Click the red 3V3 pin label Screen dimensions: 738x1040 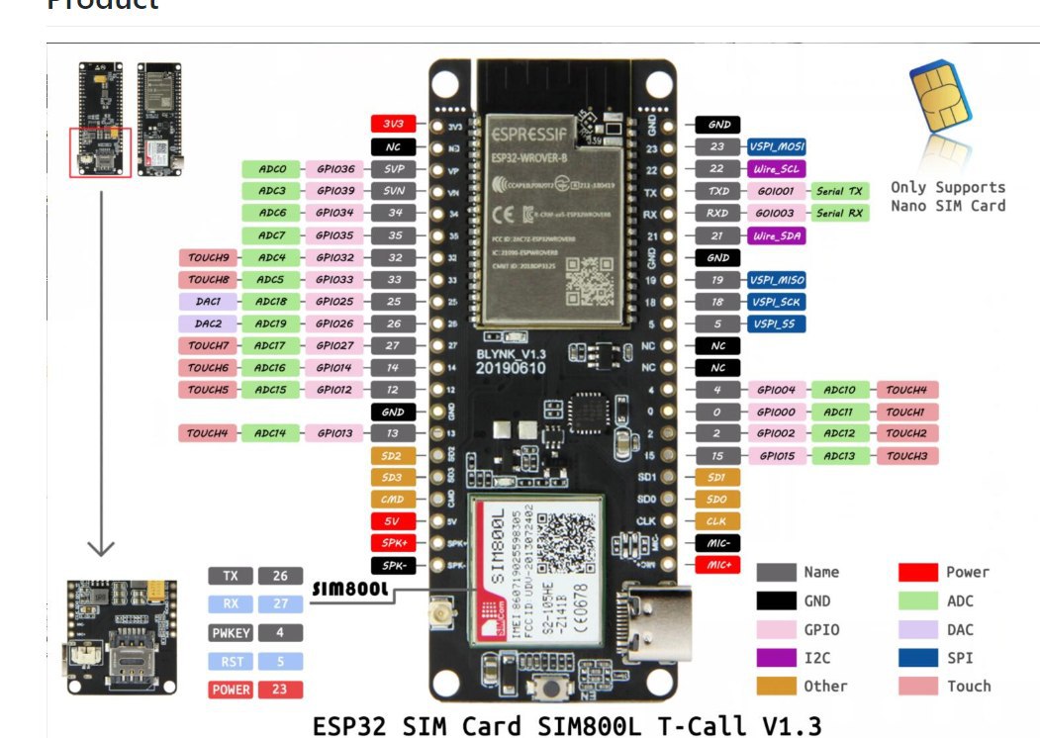tap(393, 125)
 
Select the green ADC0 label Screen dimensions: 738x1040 tap(272, 168)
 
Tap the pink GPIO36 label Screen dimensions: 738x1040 tap(334, 168)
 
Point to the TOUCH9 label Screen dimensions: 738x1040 tap(209, 257)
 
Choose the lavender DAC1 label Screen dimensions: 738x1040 tap(209, 301)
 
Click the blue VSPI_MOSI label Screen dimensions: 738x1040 tap(776, 146)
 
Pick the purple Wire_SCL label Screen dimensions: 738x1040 tap(776, 168)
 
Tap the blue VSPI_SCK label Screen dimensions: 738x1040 tap(776, 302)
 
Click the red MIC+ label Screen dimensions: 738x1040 tap(718, 565)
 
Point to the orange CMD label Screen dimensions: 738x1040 tap(393, 500)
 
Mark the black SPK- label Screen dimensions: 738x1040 tap(393, 565)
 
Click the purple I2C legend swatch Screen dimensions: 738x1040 tap(776, 657)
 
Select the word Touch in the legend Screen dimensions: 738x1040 tap(968, 686)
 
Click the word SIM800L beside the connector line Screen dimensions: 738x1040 tap(349, 590)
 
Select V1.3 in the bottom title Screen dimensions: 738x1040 tap(789, 724)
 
